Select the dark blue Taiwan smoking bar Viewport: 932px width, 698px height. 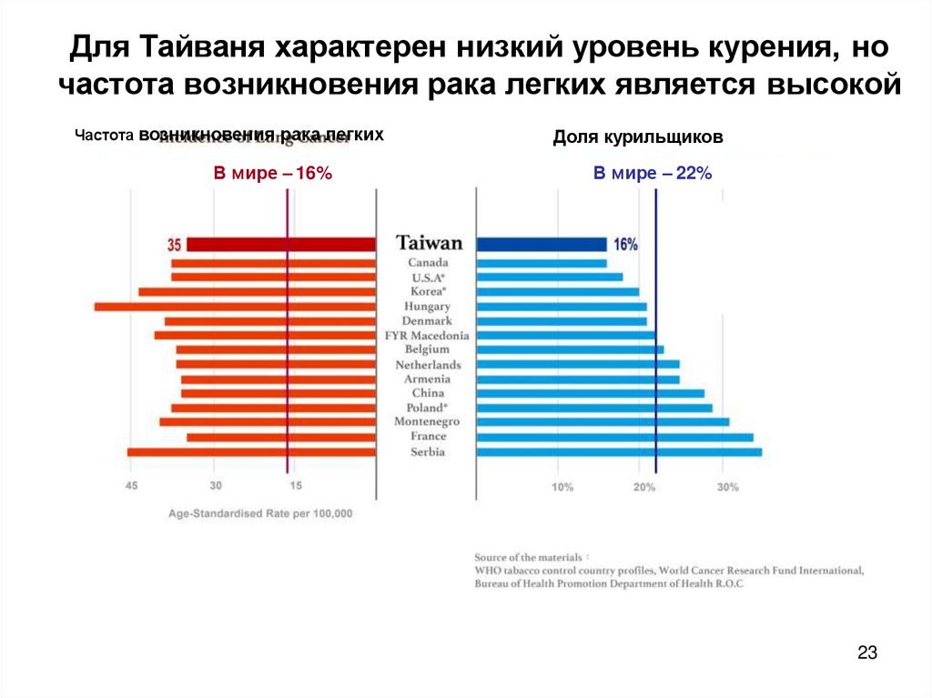542,244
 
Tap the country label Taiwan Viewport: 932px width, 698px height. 429,244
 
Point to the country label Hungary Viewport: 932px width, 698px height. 428,307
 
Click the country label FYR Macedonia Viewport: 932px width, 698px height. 427,336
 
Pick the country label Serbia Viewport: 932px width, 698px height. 428,452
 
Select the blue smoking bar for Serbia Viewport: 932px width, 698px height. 619,451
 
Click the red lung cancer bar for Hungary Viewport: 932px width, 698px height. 235,307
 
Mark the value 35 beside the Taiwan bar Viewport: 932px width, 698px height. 175,245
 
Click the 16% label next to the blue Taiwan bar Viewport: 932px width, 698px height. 625,245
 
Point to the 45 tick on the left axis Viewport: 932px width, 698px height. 132,486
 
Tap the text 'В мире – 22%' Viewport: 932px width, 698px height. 639,173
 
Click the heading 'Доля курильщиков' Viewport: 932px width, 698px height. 637,137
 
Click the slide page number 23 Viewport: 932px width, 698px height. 866,652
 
